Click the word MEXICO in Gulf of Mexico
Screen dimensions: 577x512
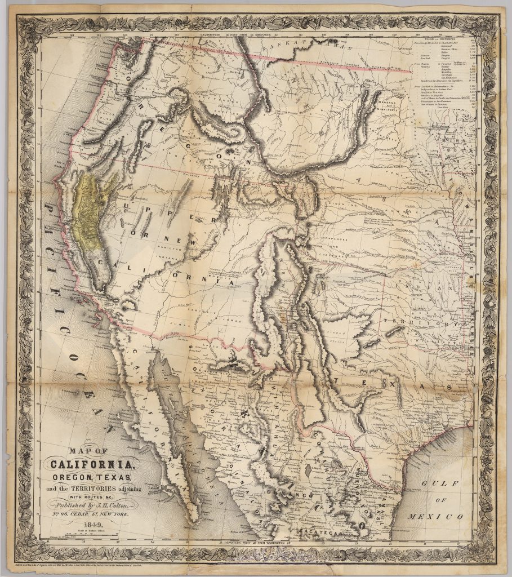(442, 516)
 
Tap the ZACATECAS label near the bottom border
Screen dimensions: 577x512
(316, 531)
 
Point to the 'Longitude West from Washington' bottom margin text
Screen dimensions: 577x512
(253, 543)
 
